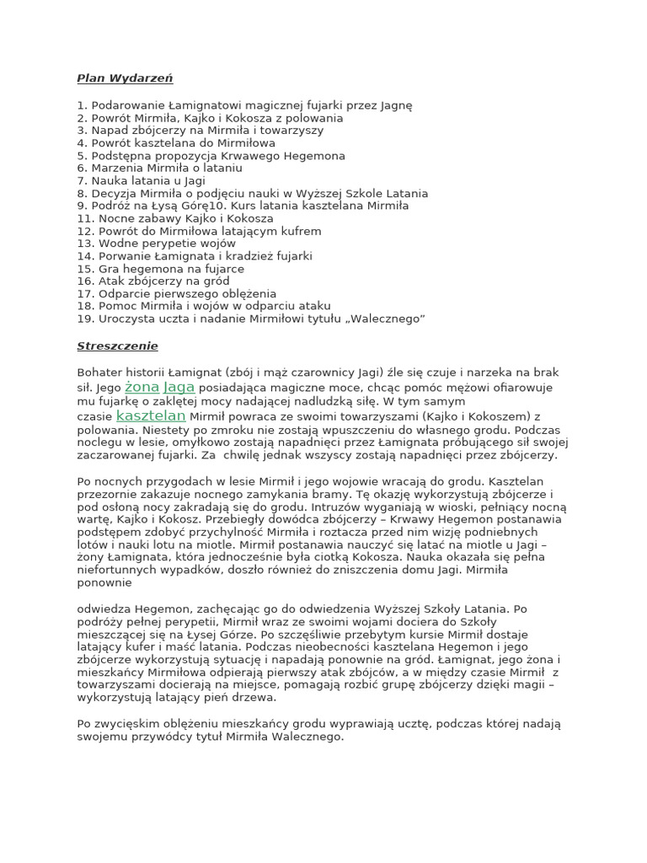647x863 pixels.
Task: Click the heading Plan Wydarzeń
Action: coord(125,78)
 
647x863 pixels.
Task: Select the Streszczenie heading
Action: coord(117,346)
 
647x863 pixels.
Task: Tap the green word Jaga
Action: coord(179,387)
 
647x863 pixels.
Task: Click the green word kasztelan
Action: coord(151,415)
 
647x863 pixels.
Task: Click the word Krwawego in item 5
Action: coord(244,156)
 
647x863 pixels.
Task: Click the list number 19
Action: coord(84,319)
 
